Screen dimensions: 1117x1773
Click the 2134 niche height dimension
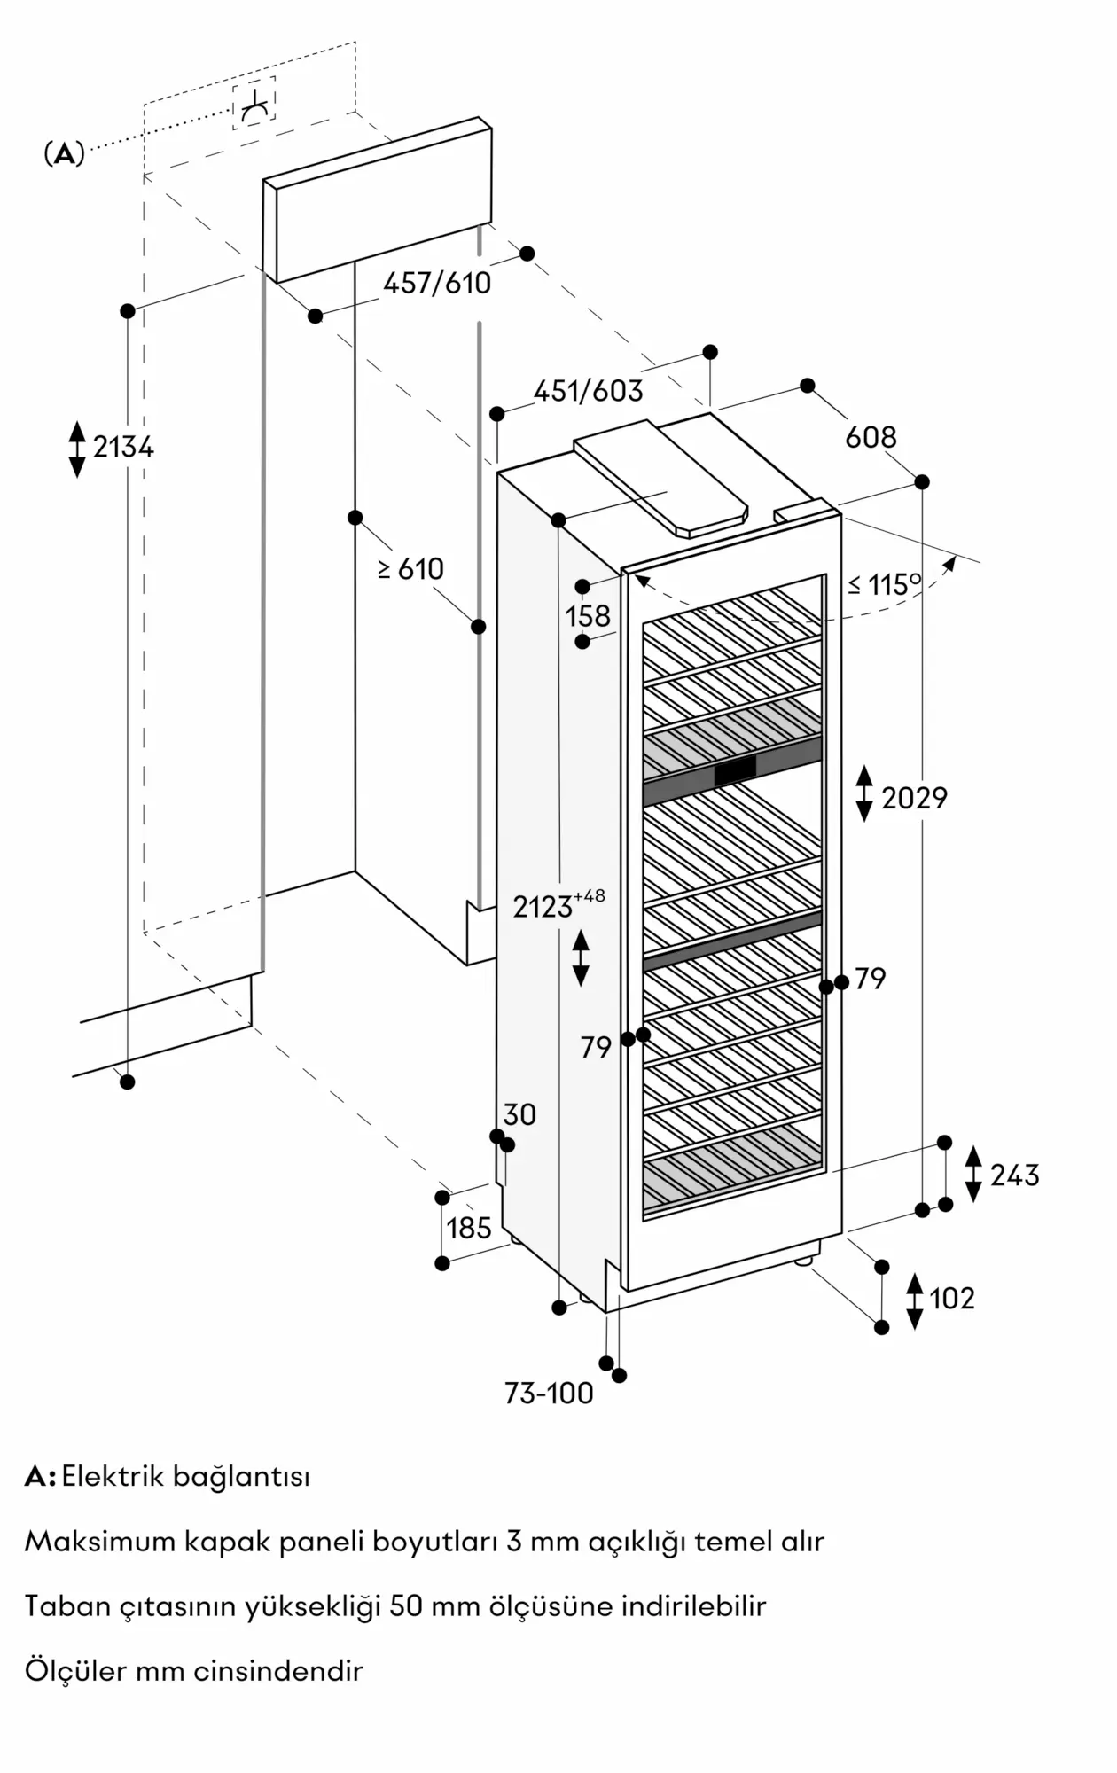click(123, 447)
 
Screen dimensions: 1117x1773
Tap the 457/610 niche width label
click(437, 283)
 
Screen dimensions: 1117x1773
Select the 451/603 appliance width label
click(589, 391)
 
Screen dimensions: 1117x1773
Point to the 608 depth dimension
click(871, 436)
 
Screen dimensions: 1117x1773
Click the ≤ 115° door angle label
click(885, 584)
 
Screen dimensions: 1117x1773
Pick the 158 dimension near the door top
click(589, 615)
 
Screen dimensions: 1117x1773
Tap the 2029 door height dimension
click(914, 798)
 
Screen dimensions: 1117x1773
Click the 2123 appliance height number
click(543, 907)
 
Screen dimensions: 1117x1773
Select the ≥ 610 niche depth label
click(410, 569)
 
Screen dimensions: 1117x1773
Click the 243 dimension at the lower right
click(1015, 1175)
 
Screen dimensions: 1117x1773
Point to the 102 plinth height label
click(952, 1299)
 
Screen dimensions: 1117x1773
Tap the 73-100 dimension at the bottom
click(549, 1394)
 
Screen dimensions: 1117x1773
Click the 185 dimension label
click(469, 1228)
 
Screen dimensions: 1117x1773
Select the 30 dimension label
click(519, 1114)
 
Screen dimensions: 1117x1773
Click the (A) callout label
click(64, 154)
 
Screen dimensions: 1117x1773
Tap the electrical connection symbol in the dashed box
click(254, 104)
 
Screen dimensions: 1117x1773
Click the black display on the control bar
click(735, 771)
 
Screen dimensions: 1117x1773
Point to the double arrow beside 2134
click(77, 449)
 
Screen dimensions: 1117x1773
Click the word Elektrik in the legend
click(113, 1477)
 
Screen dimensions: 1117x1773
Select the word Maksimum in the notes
click(100, 1542)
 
